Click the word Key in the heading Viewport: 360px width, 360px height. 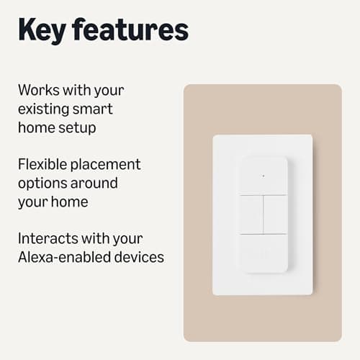[x=45, y=30]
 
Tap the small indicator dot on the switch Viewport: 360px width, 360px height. [x=263, y=176]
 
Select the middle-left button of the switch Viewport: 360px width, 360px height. [x=251, y=215]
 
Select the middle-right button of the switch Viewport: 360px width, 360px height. [x=275, y=215]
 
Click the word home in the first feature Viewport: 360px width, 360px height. [x=36, y=129]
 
